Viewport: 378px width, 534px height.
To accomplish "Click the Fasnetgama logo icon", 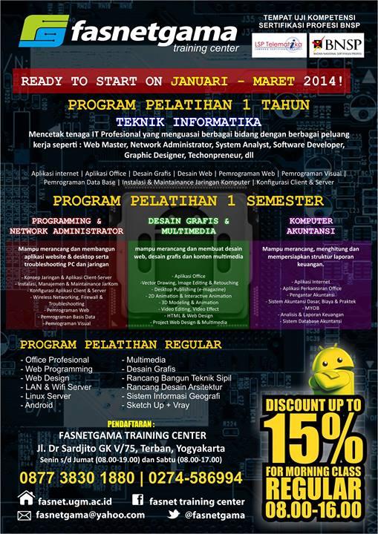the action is click(43, 32).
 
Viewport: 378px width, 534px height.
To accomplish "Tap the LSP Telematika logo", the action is click(278, 46).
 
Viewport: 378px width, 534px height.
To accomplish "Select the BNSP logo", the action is click(337, 46).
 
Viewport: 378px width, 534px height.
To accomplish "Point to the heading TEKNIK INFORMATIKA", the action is click(189, 121).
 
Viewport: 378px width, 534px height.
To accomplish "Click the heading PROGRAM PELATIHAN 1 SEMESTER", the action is click(188, 201).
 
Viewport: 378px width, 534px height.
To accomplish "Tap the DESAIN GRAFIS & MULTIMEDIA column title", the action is click(188, 225).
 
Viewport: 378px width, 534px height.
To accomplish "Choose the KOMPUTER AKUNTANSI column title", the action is click(310, 225).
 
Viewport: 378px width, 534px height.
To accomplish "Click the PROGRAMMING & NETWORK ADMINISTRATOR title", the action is click(66, 225).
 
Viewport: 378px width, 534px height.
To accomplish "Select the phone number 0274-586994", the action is click(195, 477).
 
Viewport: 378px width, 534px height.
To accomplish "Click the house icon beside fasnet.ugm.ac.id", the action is click(26, 498).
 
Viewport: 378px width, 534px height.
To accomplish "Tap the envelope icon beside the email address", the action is click(26, 515).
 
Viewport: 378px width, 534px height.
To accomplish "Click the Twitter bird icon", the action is click(173, 515).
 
